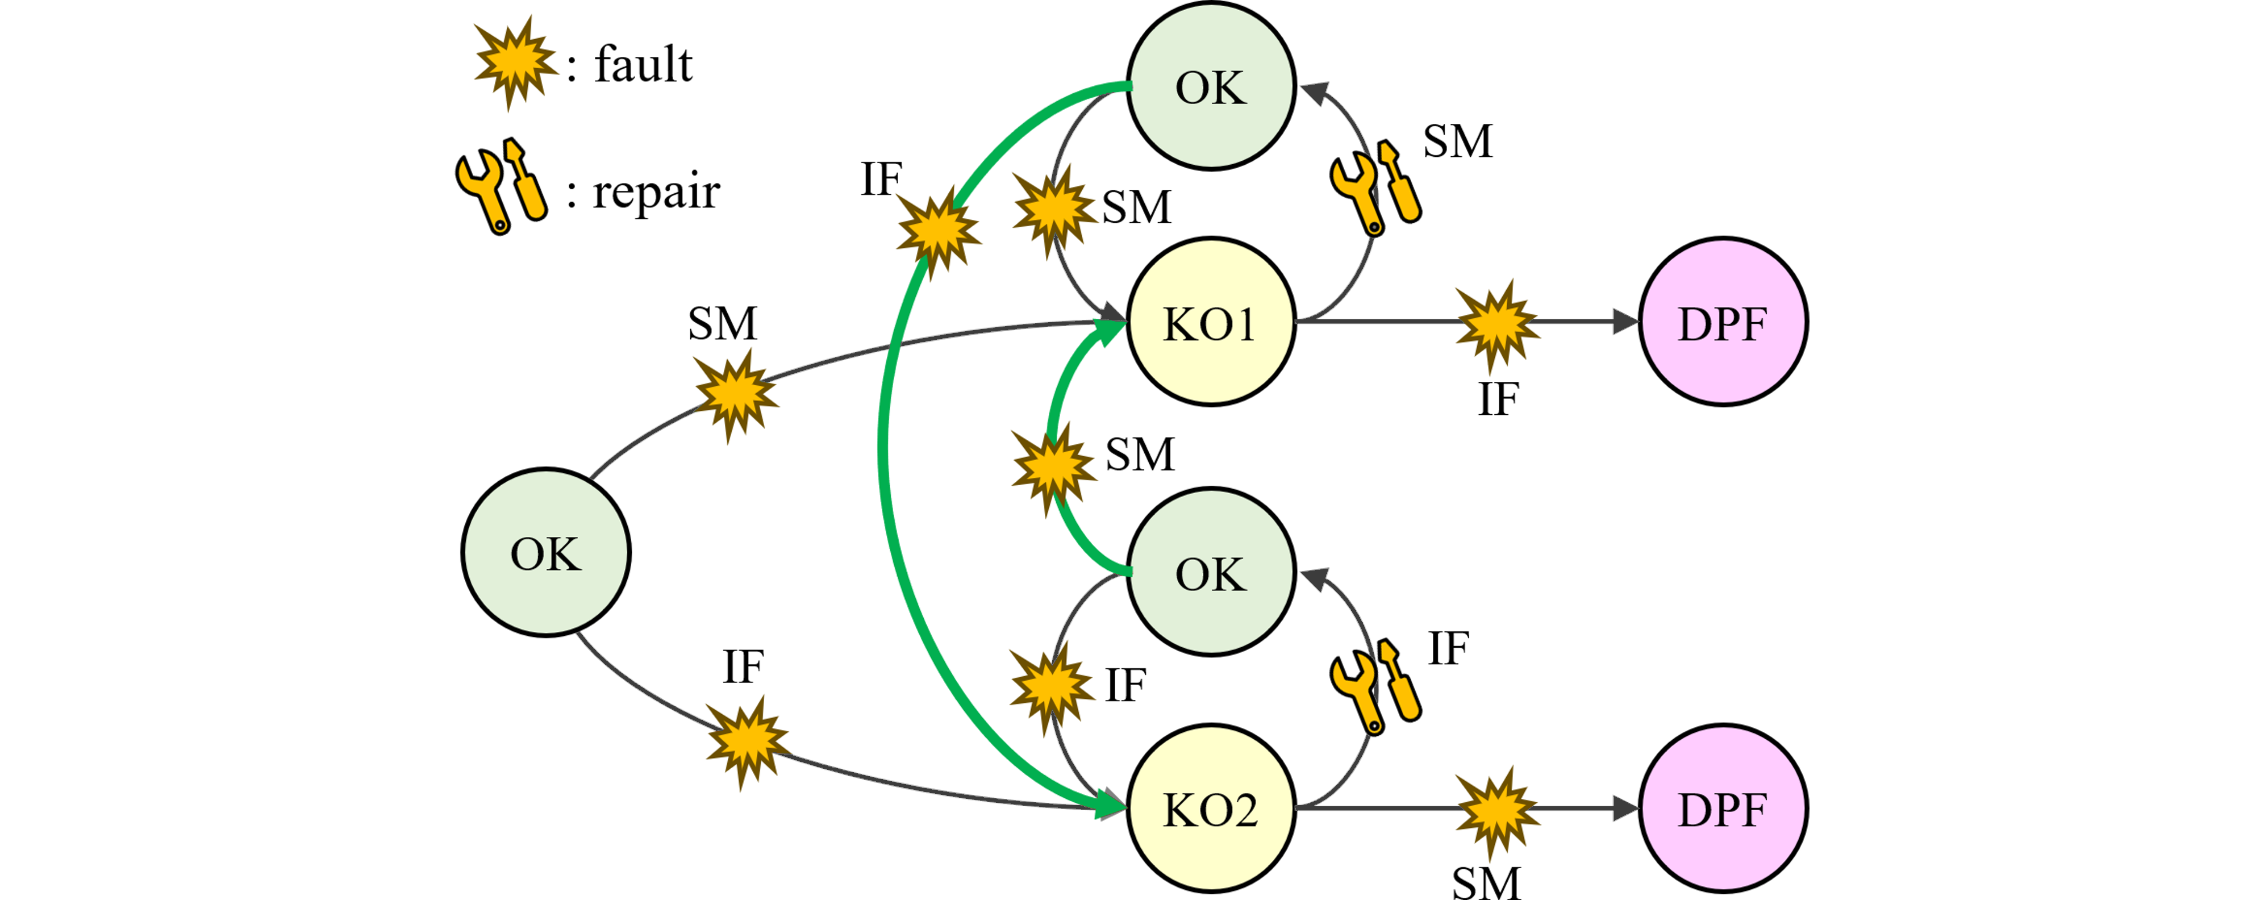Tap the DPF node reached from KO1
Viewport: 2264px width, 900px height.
coord(1723,322)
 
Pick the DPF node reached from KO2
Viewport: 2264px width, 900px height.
coord(1723,809)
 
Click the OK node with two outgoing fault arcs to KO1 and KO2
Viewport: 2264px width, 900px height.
coord(546,552)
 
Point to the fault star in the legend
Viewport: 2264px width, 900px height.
coord(515,61)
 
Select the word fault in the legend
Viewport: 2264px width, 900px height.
coord(643,65)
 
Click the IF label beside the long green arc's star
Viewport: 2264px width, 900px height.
coord(881,180)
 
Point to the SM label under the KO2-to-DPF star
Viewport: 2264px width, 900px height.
coord(1485,882)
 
